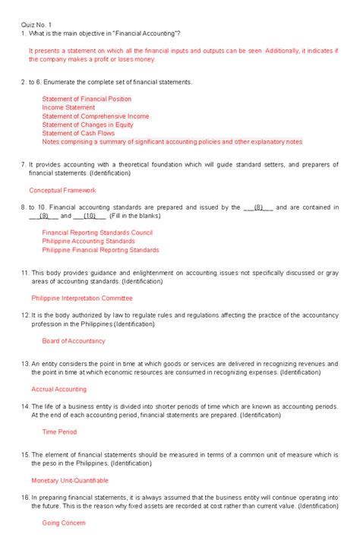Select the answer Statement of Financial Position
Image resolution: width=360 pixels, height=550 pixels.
coord(87,99)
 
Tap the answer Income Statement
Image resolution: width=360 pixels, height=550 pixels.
coord(68,108)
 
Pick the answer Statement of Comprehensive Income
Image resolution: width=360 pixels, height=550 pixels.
coord(96,116)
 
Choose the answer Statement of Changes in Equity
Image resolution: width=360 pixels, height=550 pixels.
coord(87,125)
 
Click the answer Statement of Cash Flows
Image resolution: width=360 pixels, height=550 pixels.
coord(78,133)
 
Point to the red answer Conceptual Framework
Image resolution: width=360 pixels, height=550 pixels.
coord(62,190)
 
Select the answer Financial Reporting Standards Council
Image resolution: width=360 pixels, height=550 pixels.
coord(97,233)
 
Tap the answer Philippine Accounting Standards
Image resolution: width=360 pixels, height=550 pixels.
coord(88,242)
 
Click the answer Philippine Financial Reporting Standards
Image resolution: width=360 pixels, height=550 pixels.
coord(100,250)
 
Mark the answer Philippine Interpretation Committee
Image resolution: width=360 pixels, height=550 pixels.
coord(81,299)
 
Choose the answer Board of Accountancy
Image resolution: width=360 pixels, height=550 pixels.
coord(74,341)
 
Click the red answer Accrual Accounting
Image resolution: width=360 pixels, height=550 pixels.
coord(58,389)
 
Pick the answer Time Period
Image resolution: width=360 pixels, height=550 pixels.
coord(59,431)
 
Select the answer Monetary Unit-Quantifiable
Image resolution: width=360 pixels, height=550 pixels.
coord(70,480)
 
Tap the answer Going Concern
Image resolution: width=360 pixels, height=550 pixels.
coord(64,523)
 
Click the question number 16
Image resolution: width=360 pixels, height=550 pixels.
coord(25,496)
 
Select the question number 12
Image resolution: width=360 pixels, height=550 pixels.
coord(25,315)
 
